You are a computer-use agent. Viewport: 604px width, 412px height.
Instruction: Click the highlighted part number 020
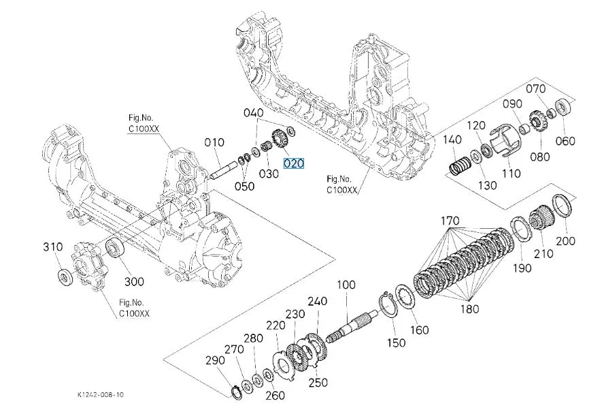coord(294,163)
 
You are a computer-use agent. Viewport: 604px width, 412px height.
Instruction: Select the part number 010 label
coord(214,142)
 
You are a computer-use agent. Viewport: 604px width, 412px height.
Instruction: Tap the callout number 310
coord(53,247)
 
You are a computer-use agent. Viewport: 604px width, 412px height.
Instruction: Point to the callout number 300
coord(134,281)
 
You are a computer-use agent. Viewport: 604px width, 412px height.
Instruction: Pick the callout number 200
coord(566,241)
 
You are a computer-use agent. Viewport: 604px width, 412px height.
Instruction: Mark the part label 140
coord(452,140)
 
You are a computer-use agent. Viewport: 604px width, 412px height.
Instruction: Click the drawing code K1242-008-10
coord(101,394)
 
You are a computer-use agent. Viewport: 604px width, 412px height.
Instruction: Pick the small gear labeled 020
coord(279,139)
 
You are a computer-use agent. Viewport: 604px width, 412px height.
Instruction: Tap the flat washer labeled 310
coord(65,276)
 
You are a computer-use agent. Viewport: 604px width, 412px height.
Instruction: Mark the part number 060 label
coord(566,141)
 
